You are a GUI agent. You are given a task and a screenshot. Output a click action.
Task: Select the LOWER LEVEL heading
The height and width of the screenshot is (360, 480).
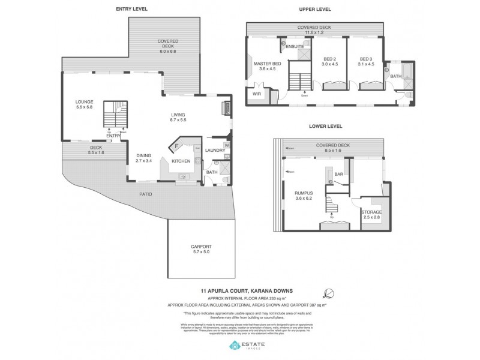click(326, 126)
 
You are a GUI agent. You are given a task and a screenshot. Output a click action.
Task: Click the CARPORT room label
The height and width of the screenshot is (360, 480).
click(201, 247)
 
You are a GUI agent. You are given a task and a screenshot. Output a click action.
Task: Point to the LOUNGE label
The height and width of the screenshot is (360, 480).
click(84, 101)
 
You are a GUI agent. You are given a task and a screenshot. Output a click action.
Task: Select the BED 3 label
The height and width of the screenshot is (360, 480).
click(366, 58)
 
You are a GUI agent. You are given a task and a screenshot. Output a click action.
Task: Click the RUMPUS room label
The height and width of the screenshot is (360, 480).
click(304, 193)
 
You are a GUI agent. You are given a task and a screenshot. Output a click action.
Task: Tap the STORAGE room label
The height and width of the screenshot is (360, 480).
click(371, 212)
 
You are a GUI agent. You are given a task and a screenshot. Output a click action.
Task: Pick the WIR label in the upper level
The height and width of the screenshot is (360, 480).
click(257, 94)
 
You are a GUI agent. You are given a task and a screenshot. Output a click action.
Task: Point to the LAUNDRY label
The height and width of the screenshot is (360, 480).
click(214, 150)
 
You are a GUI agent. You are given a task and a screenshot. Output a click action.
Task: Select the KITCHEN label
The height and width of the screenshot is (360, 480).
click(181, 161)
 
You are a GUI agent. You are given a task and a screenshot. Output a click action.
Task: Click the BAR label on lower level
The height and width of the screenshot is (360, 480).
click(338, 174)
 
